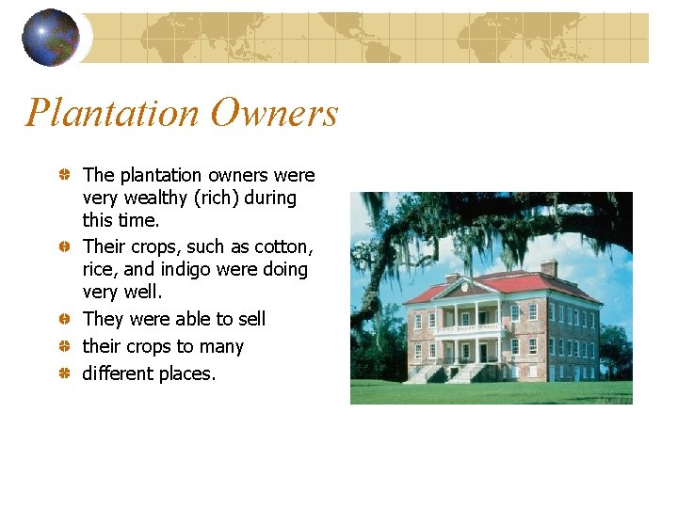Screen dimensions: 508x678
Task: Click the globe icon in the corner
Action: click(50, 38)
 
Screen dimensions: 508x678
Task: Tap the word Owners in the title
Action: click(274, 114)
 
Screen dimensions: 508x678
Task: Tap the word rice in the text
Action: click(100, 270)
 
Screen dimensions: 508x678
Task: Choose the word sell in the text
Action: click(250, 320)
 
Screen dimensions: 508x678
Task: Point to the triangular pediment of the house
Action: click(467, 287)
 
